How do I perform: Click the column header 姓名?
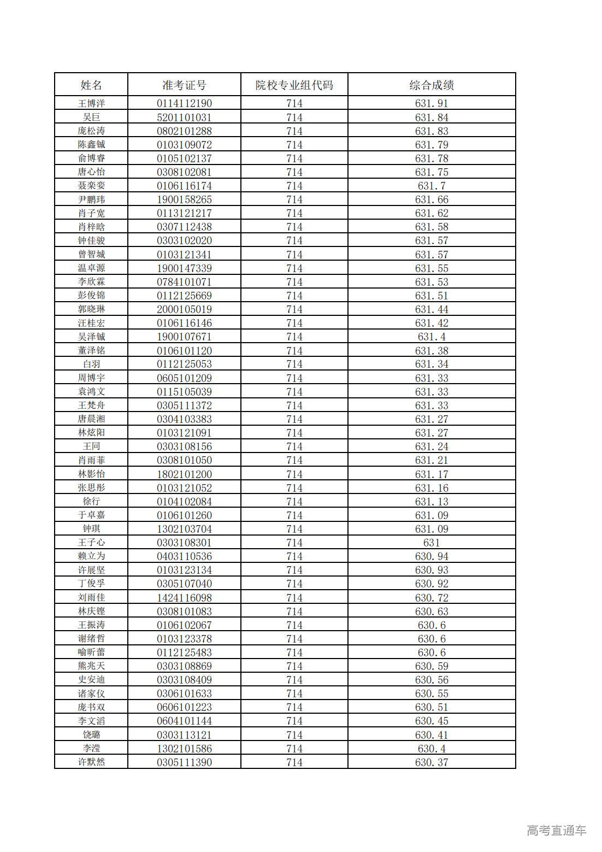pyautogui.click(x=91, y=85)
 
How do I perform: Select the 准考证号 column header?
pyautogui.click(x=184, y=85)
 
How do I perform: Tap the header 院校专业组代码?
pyautogui.click(x=294, y=85)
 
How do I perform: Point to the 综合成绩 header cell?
pyautogui.click(x=432, y=85)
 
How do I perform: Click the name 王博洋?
pyautogui.click(x=91, y=103)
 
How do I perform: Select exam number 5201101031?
pyautogui.click(x=184, y=117)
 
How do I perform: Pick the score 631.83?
pyautogui.click(x=432, y=131)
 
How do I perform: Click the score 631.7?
pyautogui.click(x=432, y=186)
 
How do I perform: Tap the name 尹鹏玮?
pyautogui.click(x=91, y=199)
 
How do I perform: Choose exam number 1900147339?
pyautogui.click(x=184, y=268)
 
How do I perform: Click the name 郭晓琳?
pyautogui.click(x=91, y=309)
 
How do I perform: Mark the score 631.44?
pyautogui.click(x=432, y=309)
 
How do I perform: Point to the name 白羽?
pyautogui.click(x=91, y=364)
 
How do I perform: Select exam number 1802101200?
pyautogui.click(x=184, y=474)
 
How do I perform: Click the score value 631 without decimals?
pyautogui.click(x=432, y=543)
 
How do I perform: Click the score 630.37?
pyautogui.click(x=432, y=762)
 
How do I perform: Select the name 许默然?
pyautogui.click(x=91, y=762)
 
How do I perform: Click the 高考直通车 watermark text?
pyautogui.click(x=556, y=831)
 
